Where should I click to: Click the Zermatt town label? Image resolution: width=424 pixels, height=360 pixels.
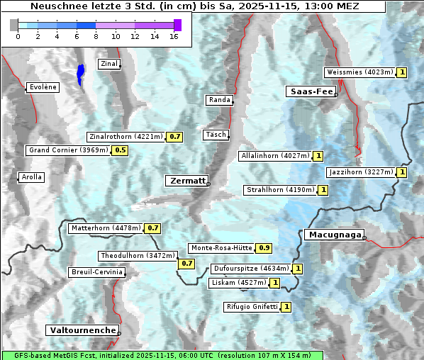tap(187, 181)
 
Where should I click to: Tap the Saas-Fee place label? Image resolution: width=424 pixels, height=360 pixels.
tap(311, 91)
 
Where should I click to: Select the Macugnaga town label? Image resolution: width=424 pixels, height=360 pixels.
tap(333, 235)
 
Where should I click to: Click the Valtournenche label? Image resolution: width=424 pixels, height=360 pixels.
tap(82, 330)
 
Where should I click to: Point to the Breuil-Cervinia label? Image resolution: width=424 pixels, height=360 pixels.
tap(96, 272)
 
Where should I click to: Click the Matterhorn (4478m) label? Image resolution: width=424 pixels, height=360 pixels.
tap(106, 228)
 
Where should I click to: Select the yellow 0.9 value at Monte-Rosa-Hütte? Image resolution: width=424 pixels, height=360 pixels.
tap(264, 248)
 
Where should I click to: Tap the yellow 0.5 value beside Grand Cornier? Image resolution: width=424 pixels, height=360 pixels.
tap(120, 150)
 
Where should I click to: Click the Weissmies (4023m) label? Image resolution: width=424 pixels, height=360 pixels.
tap(359, 72)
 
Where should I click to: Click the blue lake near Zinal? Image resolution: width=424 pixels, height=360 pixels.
tap(80, 74)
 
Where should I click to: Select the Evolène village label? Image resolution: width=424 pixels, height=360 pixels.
tap(43, 87)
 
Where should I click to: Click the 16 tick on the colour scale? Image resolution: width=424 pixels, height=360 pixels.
tap(174, 35)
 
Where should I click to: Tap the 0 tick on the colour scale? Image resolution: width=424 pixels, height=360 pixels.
tap(17, 35)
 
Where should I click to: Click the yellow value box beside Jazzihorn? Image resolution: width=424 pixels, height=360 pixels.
tap(402, 172)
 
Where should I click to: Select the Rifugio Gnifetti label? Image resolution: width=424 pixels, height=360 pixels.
tap(251, 307)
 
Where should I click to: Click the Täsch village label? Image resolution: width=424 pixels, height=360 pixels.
tap(215, 135)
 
